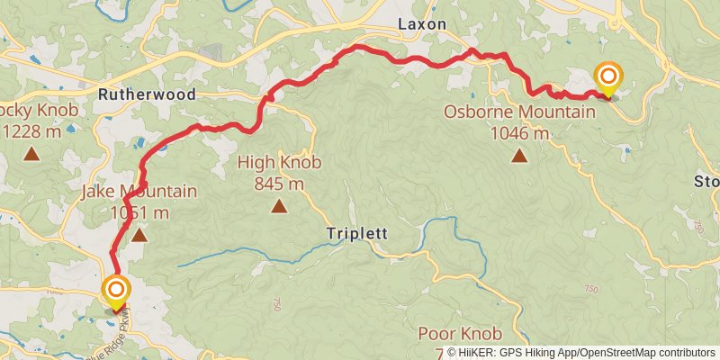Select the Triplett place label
(x=356, y=233)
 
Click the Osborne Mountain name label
(x=519, y=112)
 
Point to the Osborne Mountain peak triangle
(x=519, y=156)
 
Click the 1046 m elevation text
(x=519, y=133)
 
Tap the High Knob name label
(x=279, y=164)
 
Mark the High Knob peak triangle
(x=279, y=208)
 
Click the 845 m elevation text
(x=279, y=184)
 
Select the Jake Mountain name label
(x=139, y=192)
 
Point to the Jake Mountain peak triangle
(x=139, y=236)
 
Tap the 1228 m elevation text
(x=32, y=131)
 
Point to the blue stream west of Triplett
(x=225, y=262)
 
